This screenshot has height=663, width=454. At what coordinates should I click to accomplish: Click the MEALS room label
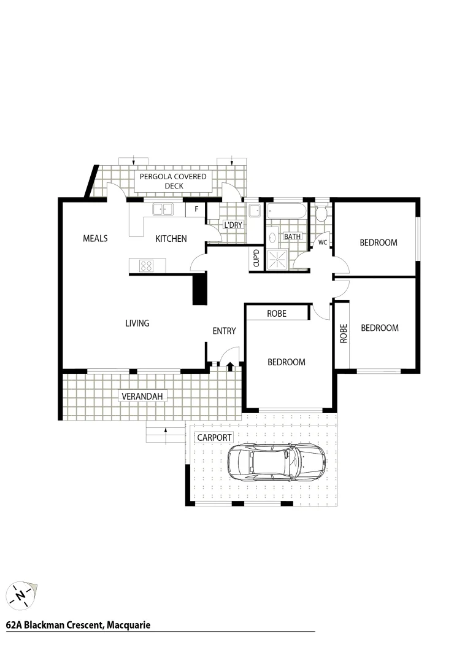coord(95,238)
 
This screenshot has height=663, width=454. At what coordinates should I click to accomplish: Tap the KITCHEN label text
coord(171,238)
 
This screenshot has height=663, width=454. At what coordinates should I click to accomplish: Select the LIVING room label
coord(137,323)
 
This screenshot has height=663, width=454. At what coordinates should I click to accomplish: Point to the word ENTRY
coord(224,331)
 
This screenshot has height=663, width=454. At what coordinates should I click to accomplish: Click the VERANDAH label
coord(142,396)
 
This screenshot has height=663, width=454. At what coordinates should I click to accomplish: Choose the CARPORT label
coord(214,437)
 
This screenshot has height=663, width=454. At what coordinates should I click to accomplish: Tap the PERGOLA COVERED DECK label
coord(174,181)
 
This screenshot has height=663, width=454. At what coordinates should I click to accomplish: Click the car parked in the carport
coord(276,462)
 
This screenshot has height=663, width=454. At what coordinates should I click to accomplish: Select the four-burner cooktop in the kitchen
coord(147,266)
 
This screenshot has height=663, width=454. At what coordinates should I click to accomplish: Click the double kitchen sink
coord(163,209)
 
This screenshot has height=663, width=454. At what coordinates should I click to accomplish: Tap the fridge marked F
coord(196,209)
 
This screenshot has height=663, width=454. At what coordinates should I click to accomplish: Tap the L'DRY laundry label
coord(233,225)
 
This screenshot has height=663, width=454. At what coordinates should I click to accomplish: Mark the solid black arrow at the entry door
coord(230,366)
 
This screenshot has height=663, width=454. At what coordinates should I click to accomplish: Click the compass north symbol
coord(21,594)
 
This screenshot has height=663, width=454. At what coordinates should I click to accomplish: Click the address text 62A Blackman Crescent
coord(78,625)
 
